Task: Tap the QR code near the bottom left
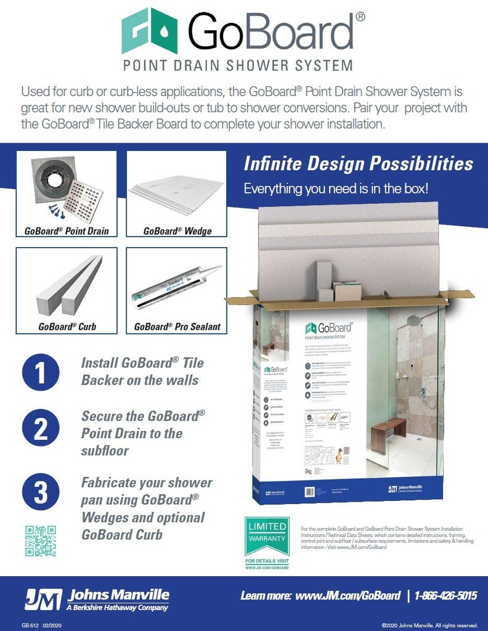tap(41, 540)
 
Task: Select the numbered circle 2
tap(41, 429)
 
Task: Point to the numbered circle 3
tap(41, 492)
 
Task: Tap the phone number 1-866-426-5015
tap(445, 595)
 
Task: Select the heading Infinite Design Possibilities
tap(358, 164)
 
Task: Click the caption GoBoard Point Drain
tap(67, 232)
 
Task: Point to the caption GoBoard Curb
tap(67, 327)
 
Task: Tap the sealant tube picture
tap(176, 286)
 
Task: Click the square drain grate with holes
tap(84, 200)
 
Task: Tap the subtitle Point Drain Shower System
tap(238, 65)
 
